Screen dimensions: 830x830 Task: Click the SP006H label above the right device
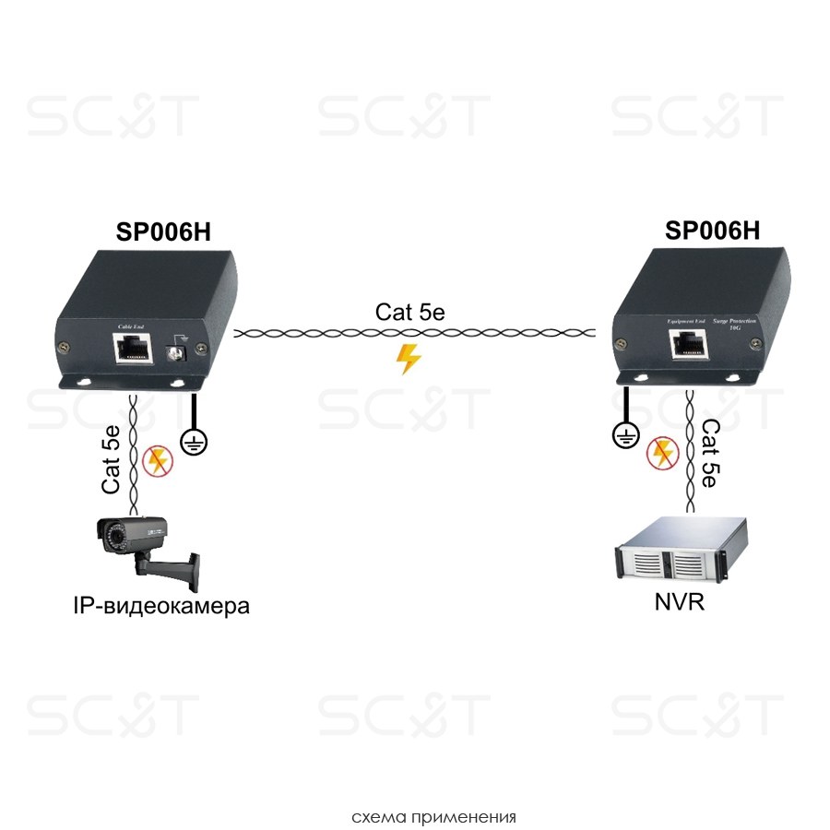[x=712, y=231]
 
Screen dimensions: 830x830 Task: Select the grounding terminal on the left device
[x=173, y=352]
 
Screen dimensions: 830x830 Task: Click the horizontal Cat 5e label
[x=410, y=313]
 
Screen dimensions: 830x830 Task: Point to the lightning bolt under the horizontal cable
[x=407, y=359]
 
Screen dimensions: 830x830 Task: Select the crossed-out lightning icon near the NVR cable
[x=661, y=452]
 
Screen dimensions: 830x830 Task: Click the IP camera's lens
[x=113, y=530]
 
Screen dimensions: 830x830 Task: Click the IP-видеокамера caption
[x=160, y=607]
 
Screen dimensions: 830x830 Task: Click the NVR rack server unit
[x=681, y=553]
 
